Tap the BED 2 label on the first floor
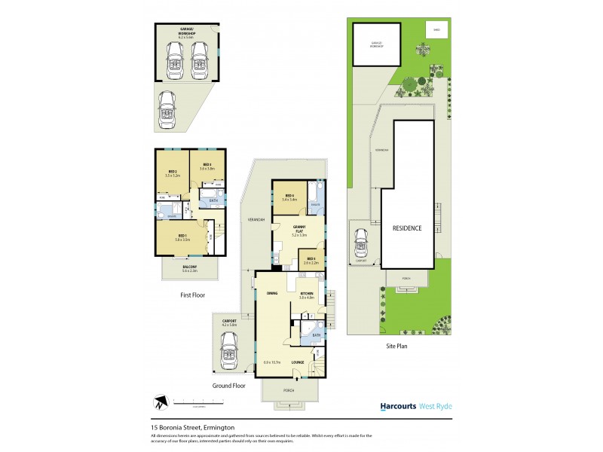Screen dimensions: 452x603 click(173, 172)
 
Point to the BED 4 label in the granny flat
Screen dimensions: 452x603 click(288, 197)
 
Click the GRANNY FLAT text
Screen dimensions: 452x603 click(299, 229)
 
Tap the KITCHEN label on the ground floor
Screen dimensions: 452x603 click(307, 293)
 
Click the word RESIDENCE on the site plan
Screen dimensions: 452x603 click(406, 228)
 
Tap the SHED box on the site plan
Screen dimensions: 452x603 click(435, 30)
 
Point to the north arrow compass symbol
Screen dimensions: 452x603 click(158, 401)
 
